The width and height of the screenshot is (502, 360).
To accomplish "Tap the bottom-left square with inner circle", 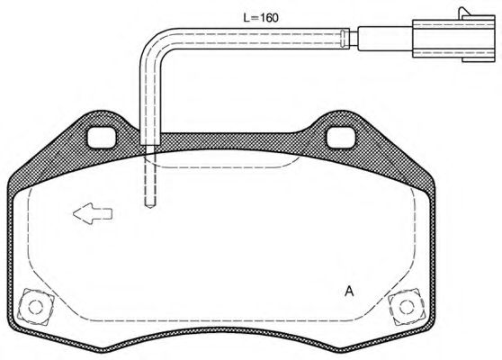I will tap(34, 305).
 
